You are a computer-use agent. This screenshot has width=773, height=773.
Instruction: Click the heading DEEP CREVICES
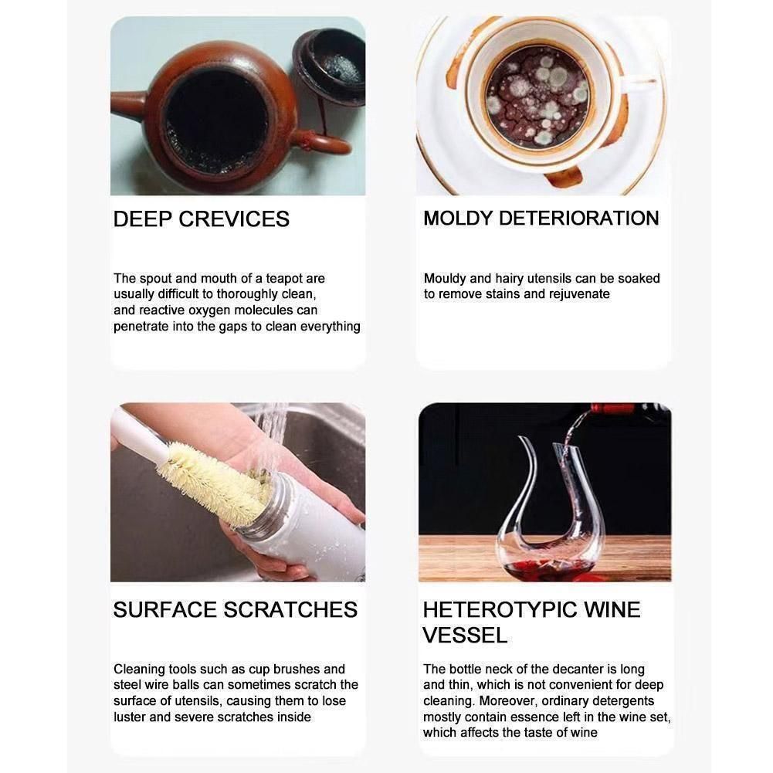tap(201, 219)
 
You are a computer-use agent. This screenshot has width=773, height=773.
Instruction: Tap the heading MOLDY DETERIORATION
tap(541, 219)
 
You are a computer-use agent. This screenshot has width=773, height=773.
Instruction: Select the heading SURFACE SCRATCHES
tap(236, 610)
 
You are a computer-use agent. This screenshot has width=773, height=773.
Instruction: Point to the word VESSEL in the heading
tap(465, 635)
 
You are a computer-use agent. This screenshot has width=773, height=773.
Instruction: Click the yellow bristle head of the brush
tap(212, 483)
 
